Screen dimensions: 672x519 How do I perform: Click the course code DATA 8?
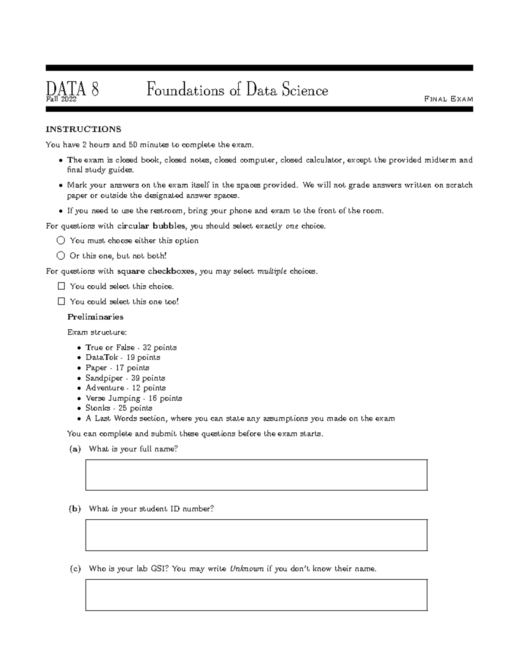point(72,90)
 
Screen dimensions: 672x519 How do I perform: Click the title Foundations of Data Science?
point(237,90)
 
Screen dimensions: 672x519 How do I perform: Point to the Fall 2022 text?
point(61,100)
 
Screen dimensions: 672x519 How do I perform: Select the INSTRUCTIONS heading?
point(83,129)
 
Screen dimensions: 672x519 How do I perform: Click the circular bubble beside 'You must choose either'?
point(61,241)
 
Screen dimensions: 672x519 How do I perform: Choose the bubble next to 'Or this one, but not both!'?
point(61,256)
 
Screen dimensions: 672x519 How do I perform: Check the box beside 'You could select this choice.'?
point(61,286)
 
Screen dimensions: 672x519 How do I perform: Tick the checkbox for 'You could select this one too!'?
point(61,302)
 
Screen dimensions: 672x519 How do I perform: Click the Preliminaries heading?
point(95,317)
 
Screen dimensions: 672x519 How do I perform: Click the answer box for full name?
point(256,475)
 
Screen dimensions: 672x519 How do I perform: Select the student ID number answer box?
point(256,535)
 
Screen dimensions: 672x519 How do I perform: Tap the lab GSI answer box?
point(256,595)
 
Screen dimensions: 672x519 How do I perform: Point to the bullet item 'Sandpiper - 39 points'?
point(125,378)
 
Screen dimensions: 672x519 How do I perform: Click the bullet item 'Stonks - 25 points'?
point(119,408)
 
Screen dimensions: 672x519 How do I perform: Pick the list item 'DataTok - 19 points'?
point(123,357)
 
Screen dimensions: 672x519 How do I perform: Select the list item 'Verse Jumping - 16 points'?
point(134,398)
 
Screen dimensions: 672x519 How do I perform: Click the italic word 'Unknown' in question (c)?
point(246,569)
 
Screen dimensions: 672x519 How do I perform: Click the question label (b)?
point(75,509)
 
